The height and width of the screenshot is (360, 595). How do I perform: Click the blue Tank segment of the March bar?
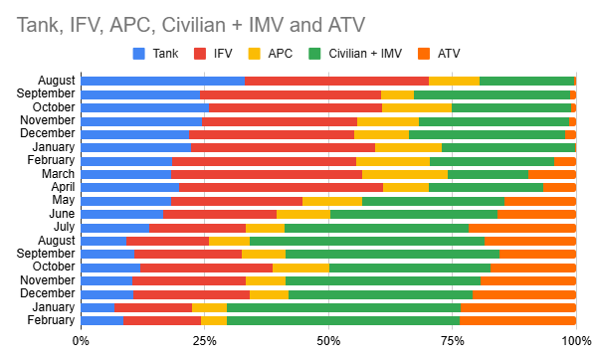126,174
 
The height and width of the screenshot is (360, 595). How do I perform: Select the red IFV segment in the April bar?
282,187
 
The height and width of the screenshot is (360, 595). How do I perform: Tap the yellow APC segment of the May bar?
332,202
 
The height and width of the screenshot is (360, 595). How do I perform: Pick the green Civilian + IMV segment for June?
414,215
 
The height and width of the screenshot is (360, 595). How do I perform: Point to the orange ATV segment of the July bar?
522,228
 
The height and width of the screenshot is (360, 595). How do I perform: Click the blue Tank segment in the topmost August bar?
163,81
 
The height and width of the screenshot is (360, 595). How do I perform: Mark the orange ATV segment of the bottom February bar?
518,320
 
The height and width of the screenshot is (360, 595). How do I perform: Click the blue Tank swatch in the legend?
139,54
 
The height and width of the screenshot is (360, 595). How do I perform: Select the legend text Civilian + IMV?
365,54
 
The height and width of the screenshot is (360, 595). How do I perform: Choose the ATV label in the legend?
449,54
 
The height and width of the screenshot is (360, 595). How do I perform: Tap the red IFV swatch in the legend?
200,54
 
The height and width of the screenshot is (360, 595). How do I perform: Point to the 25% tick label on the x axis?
205,341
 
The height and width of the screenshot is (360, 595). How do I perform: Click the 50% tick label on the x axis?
328,341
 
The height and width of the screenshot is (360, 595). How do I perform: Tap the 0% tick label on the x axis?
81,341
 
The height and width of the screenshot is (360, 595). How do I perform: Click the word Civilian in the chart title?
194,25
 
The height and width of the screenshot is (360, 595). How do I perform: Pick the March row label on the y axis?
58,174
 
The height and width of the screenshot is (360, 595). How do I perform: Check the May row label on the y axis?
64,200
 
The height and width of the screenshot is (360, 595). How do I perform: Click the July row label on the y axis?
64,227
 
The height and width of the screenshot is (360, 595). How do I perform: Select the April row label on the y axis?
63,187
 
